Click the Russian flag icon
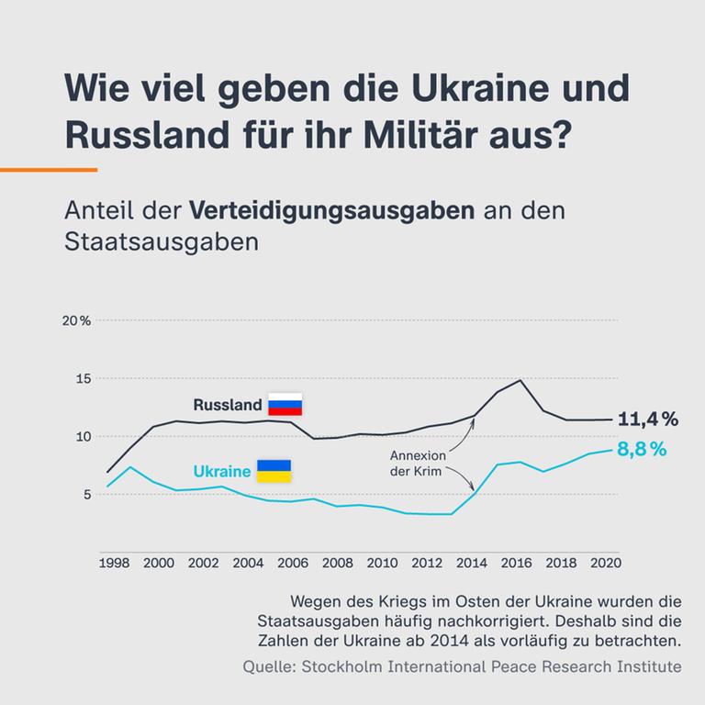(x=285, y=404)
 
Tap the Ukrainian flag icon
(x=273, y=471)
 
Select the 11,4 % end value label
(x=647, y=420)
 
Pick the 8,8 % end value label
(x=642, y=450)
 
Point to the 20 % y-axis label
(x=76, y=320)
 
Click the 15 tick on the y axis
(x=84, y=378)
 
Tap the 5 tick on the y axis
(x=86, y=494)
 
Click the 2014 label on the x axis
(x=473, y=563)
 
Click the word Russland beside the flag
(x=227, y=405)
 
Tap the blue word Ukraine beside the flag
(x=222, y=472)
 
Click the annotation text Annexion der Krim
(x=418, y=464)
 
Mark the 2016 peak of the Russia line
(x=520, y=380)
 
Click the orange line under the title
(x=49, y=170)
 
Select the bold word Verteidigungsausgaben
(x=331, y=210)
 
